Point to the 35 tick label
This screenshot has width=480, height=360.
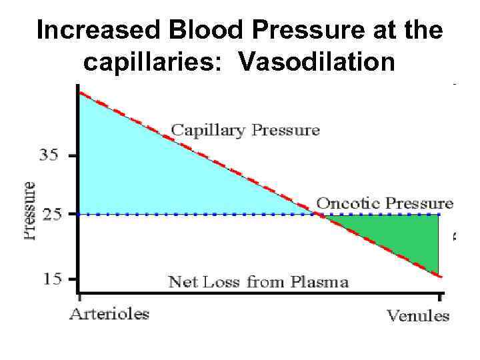point(50,155)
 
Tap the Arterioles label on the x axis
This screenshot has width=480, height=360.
point(111,313)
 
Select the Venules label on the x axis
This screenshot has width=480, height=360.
point(419,315)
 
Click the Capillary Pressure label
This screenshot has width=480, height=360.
point(245,129)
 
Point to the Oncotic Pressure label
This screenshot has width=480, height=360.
point(385,203)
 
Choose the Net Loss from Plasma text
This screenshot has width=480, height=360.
point(259,281)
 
